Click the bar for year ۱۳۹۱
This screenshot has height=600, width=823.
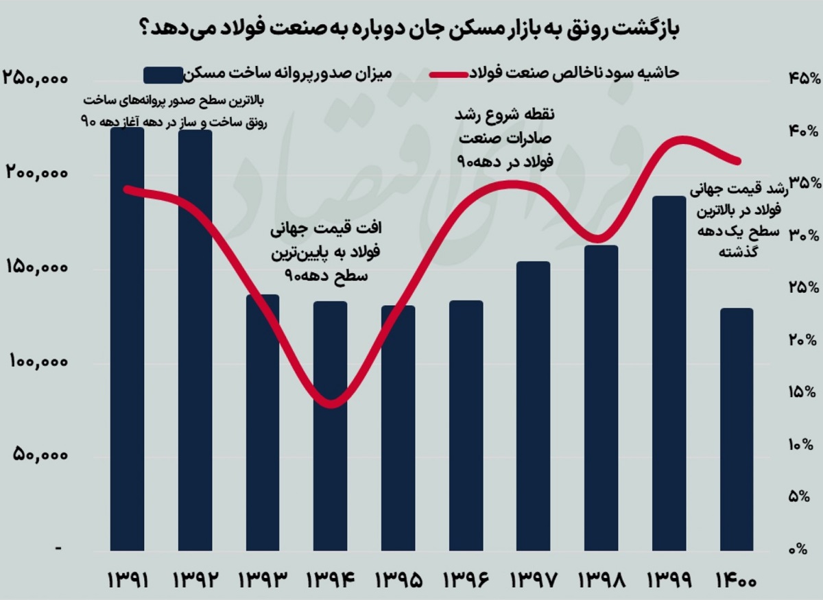pyautogui.click(x=127, y=339)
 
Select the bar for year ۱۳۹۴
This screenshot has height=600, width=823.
pyautogui.click(x=330, y=425)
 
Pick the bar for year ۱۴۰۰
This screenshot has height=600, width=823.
pyautogui.click(x=736, y=429)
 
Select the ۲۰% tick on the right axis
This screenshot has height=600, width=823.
pyautogui.click(x=798, y=340)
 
